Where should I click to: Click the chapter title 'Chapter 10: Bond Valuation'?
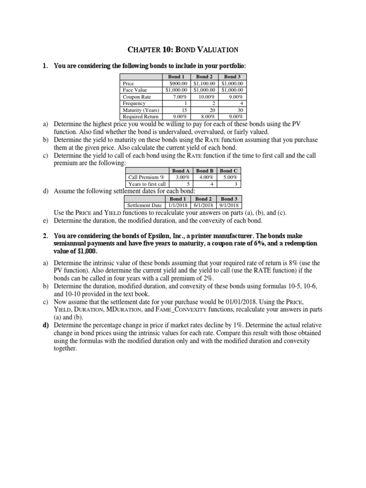tap(183, 49)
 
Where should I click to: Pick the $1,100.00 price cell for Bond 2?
tap(205, 83)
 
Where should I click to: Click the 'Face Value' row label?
tap(135, 90)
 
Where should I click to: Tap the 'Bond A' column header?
tap(181, 171)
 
